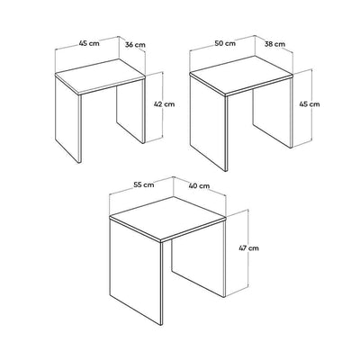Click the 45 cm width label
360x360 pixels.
(x=89, y=43)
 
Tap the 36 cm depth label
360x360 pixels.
(x=135, y=45)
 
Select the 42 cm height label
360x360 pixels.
(x=164, y=104)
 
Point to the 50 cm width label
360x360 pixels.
(x=225, y=43)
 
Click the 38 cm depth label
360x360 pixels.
(x=274, y=44)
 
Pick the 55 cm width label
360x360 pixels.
(x=144, y=184)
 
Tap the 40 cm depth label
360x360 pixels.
(x=199, y=186)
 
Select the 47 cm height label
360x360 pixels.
(x=248, y=248)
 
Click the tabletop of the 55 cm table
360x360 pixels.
(x=167, y=219)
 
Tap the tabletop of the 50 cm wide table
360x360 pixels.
(x=241, y=76)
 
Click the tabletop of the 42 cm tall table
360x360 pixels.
(x=100, y=76)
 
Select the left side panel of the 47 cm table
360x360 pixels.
(x=137, y=272)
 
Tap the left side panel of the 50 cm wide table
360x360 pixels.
(x=209, y=122)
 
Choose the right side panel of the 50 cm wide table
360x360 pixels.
(x=273, y=113)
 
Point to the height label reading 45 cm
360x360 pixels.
(x=310, y=104)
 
